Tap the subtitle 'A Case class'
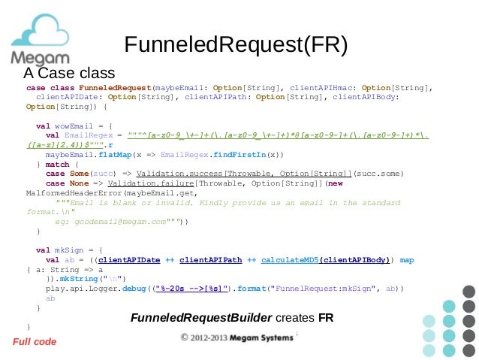click(x=69, y=74)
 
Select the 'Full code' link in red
click(x=35, y=342)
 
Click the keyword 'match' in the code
click(x=57, y=164)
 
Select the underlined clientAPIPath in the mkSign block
click(x=211, y=260)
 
